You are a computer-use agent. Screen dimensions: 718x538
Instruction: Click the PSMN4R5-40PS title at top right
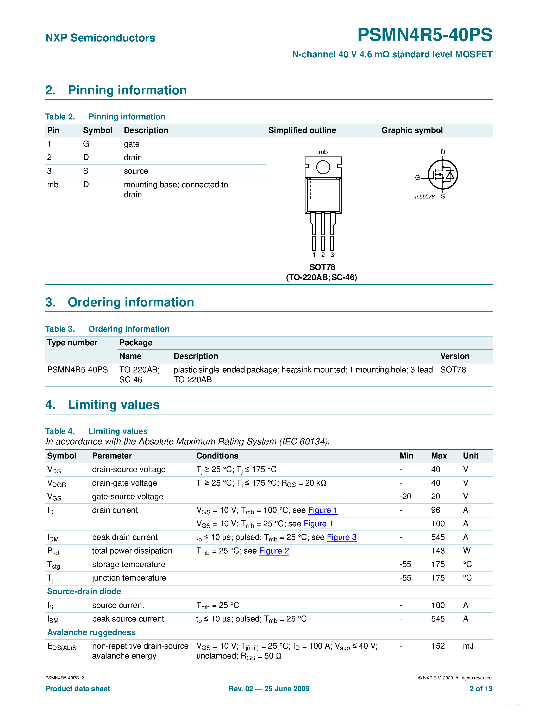424,35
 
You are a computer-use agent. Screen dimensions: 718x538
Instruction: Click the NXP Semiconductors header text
100,38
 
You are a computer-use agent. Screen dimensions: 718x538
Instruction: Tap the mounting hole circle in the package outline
323,167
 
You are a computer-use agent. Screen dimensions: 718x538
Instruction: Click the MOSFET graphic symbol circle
443,175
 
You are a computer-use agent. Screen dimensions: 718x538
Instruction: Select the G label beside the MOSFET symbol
417,178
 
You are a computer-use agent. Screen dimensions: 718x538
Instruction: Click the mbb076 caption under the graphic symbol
424,197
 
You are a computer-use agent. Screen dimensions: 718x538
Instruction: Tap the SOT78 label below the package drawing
322,267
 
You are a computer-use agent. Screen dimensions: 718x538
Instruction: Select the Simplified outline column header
302,130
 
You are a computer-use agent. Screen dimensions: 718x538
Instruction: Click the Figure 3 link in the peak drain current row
342,537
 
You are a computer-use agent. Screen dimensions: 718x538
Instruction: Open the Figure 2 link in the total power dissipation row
274,551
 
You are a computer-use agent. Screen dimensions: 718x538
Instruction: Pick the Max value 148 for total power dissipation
437,551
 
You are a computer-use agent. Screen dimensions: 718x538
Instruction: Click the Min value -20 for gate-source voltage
405,497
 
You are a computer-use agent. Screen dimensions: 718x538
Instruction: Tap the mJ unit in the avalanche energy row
468,646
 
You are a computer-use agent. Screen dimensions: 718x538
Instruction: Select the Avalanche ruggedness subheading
91,632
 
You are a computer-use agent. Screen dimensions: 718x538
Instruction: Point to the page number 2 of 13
481,689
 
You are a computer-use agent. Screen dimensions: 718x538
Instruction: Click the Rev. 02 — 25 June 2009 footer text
269,689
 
